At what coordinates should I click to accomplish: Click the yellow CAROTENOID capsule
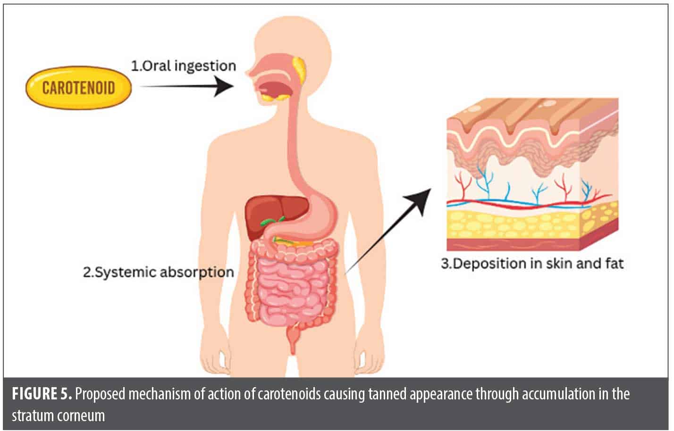pos(78,88)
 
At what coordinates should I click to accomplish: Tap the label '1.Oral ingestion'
pos(183,66)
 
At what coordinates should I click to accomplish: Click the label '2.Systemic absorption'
pos(159,273)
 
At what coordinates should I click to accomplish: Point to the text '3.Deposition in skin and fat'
pos(532,263)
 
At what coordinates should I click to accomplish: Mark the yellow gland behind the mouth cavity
pos(298,68)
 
